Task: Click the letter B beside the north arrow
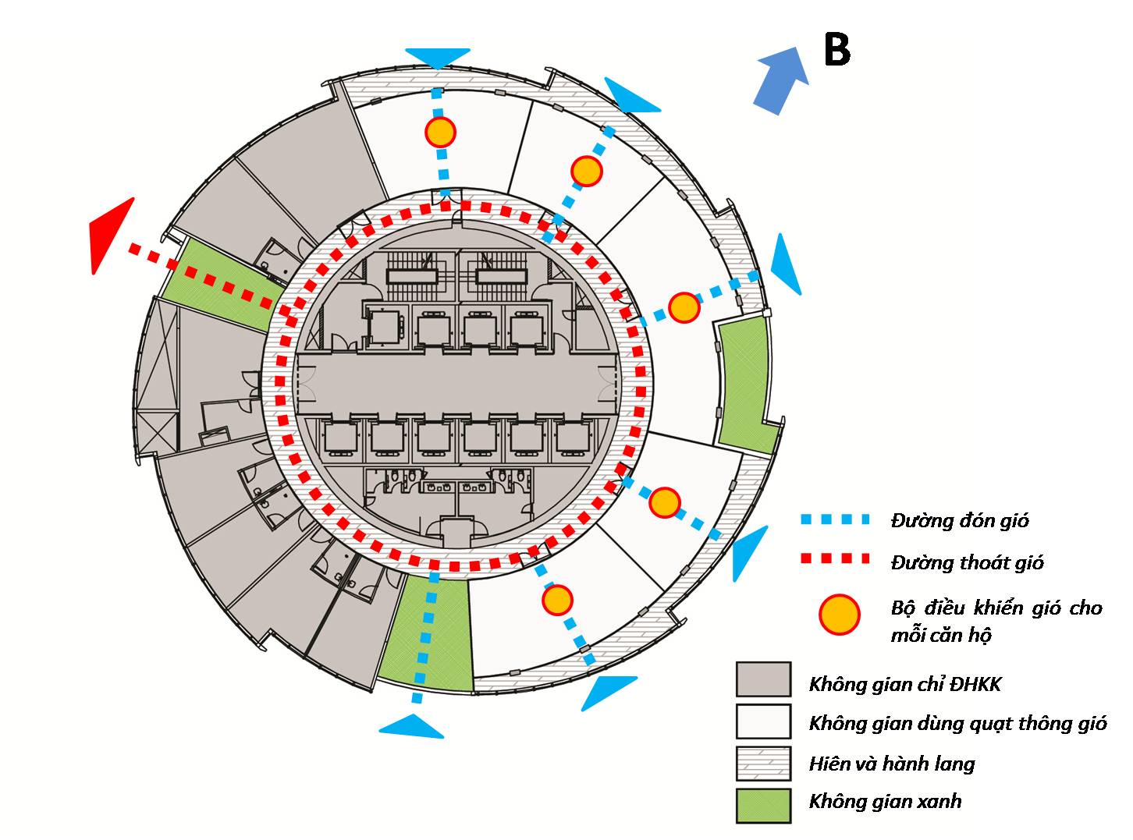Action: point(836,51)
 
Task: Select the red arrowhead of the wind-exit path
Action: point(109,234)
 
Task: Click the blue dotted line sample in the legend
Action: point(834,519)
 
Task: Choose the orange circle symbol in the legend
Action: point(840,615)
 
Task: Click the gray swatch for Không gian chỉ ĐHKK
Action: point(763,679)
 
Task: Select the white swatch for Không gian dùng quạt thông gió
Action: point(763,721)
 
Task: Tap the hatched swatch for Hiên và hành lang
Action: point(763,764)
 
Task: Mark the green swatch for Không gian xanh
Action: point(763,805)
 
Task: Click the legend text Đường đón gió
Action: point(960,520)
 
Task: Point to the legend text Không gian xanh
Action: point(885,802)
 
